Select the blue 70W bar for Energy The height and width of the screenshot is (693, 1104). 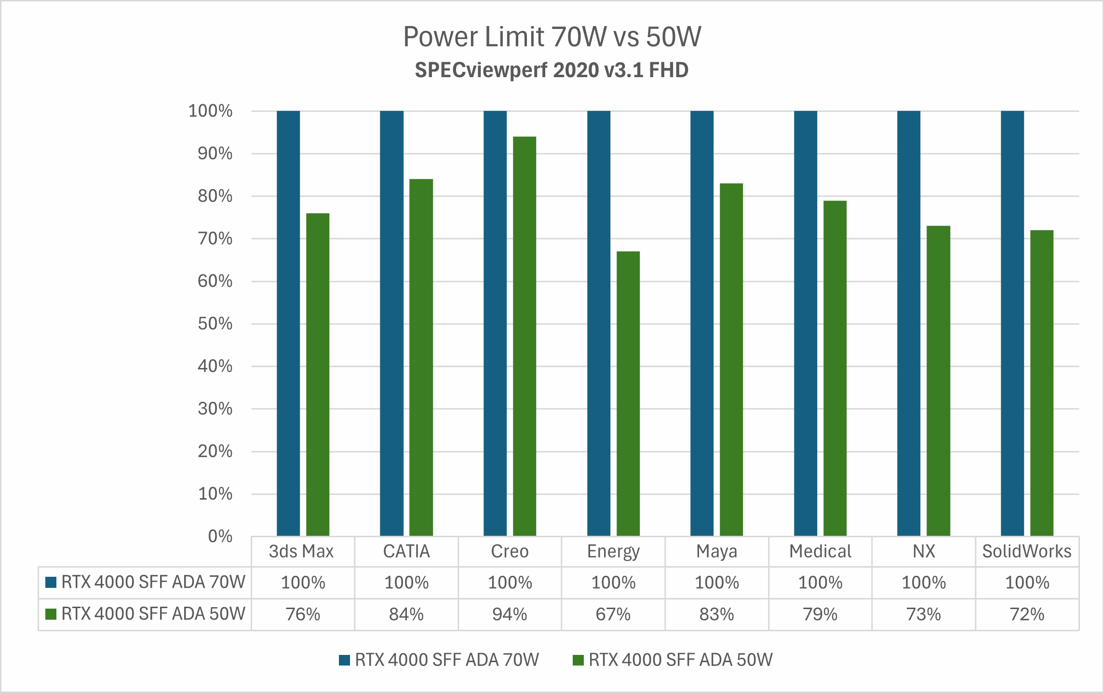click(x=598, y=323)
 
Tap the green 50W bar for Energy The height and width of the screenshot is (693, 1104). click(x=628, y=393)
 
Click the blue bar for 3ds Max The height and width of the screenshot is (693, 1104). click(x=288, y=323)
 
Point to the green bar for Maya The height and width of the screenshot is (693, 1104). click(x=731, y=359)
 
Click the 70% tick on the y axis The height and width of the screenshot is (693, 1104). click(x=215, y=239)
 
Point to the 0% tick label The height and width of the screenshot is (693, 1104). click(x=220, y=536)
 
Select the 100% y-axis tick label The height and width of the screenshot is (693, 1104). click(x=210, y=111)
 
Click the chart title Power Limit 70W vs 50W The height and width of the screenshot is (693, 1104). click(x=552, y=37)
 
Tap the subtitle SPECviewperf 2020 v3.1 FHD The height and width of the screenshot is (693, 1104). click(x=552, y=70)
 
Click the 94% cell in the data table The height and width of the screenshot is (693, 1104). click(x=510, y=614)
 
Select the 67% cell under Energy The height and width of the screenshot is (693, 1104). click(x=613, y=614)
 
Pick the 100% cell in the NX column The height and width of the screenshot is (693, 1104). click(x=923, y=583)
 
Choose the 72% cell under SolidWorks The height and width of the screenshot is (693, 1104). click(x=1027, y=614)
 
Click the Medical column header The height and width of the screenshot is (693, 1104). click(x=820, y=551)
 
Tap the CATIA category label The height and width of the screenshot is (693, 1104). click(x=406, y=551)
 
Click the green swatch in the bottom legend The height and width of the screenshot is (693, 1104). click(x=578, y=660)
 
